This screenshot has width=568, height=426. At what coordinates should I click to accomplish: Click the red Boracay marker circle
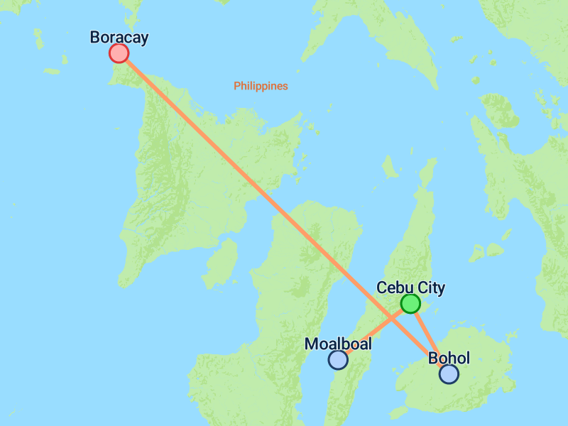119,53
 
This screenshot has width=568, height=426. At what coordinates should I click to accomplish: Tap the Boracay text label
119,37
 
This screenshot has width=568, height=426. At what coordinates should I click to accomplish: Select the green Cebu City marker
410,304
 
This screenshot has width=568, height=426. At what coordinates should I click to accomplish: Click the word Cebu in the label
393,288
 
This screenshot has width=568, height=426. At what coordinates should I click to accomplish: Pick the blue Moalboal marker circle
338,360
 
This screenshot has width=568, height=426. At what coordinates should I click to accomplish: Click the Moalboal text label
338,344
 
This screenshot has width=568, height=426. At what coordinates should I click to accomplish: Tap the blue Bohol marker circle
449,374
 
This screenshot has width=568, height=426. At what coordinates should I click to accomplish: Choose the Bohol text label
449,358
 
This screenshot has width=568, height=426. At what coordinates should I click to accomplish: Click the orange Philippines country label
261,86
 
